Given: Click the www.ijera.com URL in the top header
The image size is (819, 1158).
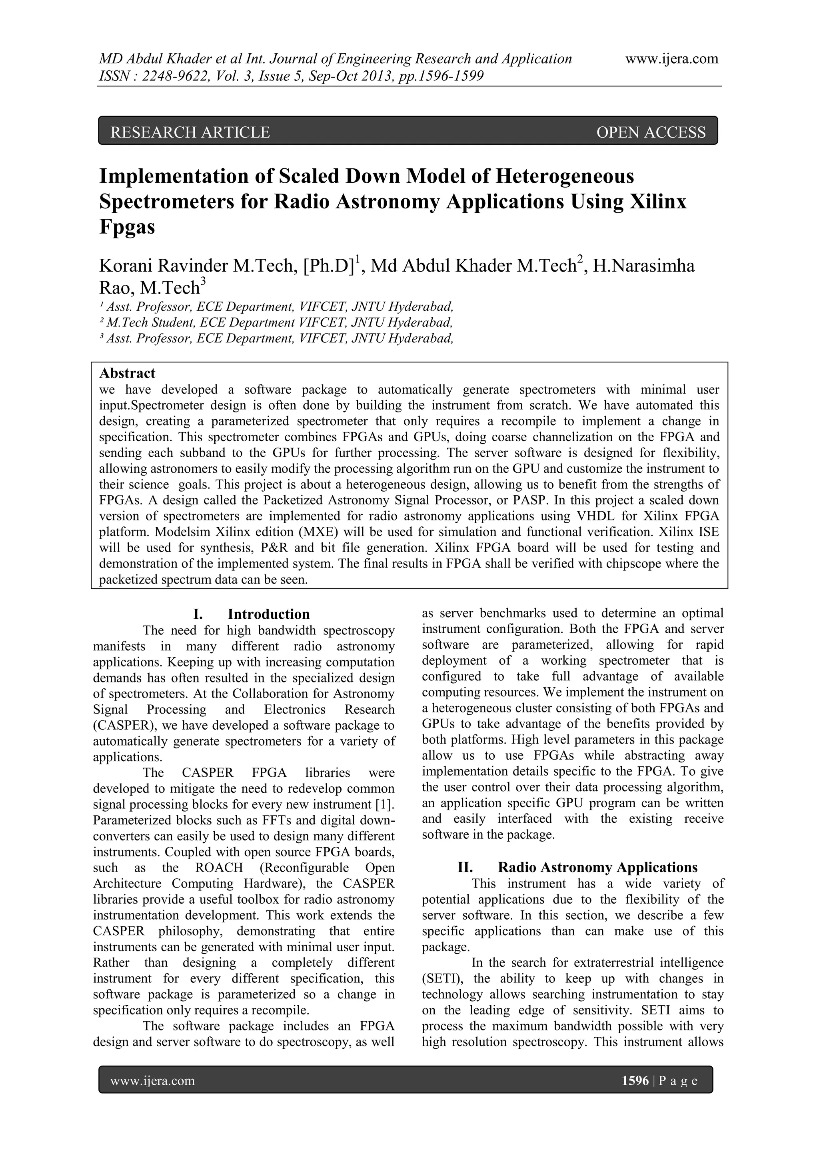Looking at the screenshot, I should (671, 59).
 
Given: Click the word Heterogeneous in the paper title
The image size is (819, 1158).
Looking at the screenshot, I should (564, 176).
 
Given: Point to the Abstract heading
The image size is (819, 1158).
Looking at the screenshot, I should (127, 373).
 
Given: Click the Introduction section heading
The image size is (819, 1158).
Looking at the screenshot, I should (268, 614).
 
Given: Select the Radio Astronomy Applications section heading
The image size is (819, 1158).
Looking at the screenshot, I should (597, 868).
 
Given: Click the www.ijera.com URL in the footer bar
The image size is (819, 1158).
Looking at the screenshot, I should (152, 1080).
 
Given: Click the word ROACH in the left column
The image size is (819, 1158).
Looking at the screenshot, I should (218, 868).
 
